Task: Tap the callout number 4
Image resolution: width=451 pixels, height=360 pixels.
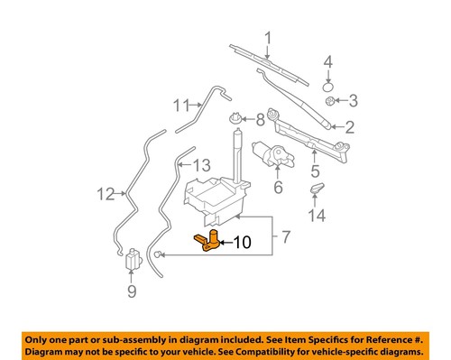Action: point(328,61)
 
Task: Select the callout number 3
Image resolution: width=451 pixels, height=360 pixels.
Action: point(354,99)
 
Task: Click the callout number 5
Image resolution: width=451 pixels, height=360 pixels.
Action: point(315,170)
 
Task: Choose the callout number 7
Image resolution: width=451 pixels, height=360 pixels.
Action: point(286,238)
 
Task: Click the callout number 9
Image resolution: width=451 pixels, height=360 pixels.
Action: point(132,291)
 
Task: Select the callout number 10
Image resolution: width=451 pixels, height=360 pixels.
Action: point(243,242)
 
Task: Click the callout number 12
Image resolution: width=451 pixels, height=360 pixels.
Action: point(106,192)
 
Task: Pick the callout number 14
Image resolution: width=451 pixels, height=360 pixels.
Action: point(315,216)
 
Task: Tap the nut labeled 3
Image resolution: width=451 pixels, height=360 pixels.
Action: point(330,99)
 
